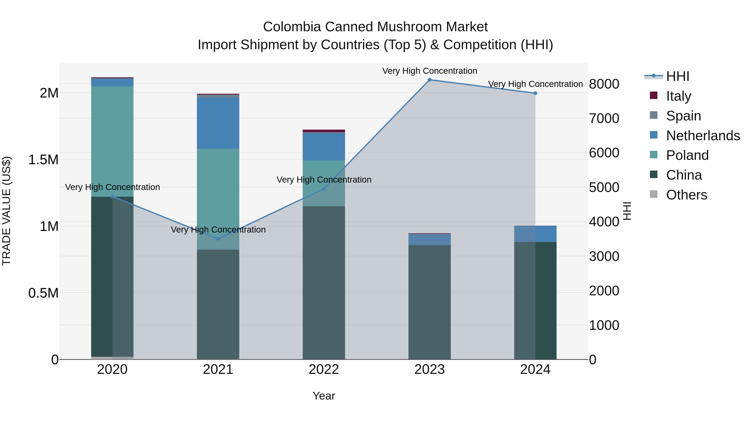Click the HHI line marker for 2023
tap(430, 80)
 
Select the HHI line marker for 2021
tap(218, 239)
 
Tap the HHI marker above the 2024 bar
tap(535, 93)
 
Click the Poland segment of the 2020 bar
tap(112, 141)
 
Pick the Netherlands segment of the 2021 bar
tap(218, 123)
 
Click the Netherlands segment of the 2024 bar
tap(535, 234)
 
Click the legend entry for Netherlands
tap(703, 136)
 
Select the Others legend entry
tap(686, 195)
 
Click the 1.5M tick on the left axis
tap(43, 160)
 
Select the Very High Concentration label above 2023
tap(430, 71)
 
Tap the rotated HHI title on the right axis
tap(627, 211)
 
